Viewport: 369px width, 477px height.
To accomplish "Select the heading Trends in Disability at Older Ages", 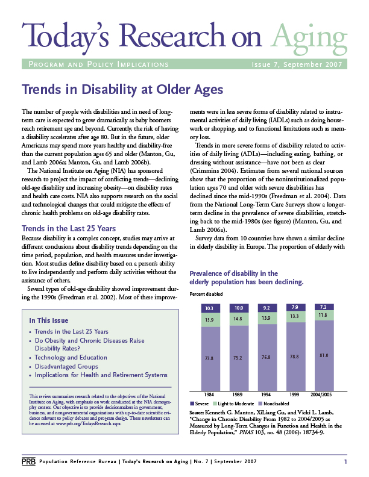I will point(122,90).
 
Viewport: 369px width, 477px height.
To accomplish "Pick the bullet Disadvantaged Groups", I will point(66,366).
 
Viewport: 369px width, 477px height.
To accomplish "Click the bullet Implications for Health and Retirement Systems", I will point(101,375).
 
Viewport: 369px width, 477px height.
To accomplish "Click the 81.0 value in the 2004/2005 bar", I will point(323,356).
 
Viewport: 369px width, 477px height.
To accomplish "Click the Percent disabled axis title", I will point(207,293).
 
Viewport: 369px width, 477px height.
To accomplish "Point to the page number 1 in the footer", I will point(345,461).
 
